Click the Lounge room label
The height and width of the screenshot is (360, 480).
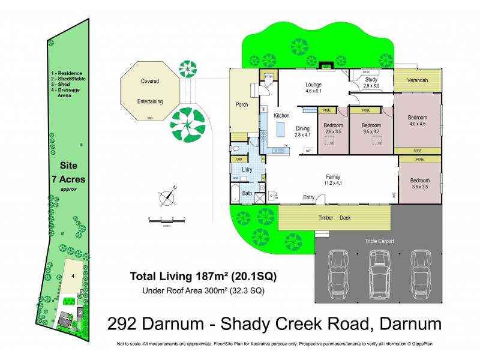tap(314, 85)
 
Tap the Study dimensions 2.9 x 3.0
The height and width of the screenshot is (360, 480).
tap(371, 86)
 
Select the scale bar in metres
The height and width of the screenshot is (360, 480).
tap(167, 222)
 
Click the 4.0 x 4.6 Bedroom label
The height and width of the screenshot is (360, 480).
tap(418, 120)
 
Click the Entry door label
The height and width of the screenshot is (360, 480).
tap(309, 197)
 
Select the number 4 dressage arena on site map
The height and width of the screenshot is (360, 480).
tap(72, 277)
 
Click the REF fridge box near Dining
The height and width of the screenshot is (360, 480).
tap(308, 151)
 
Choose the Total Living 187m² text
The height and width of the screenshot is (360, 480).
tap(204, 277)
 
